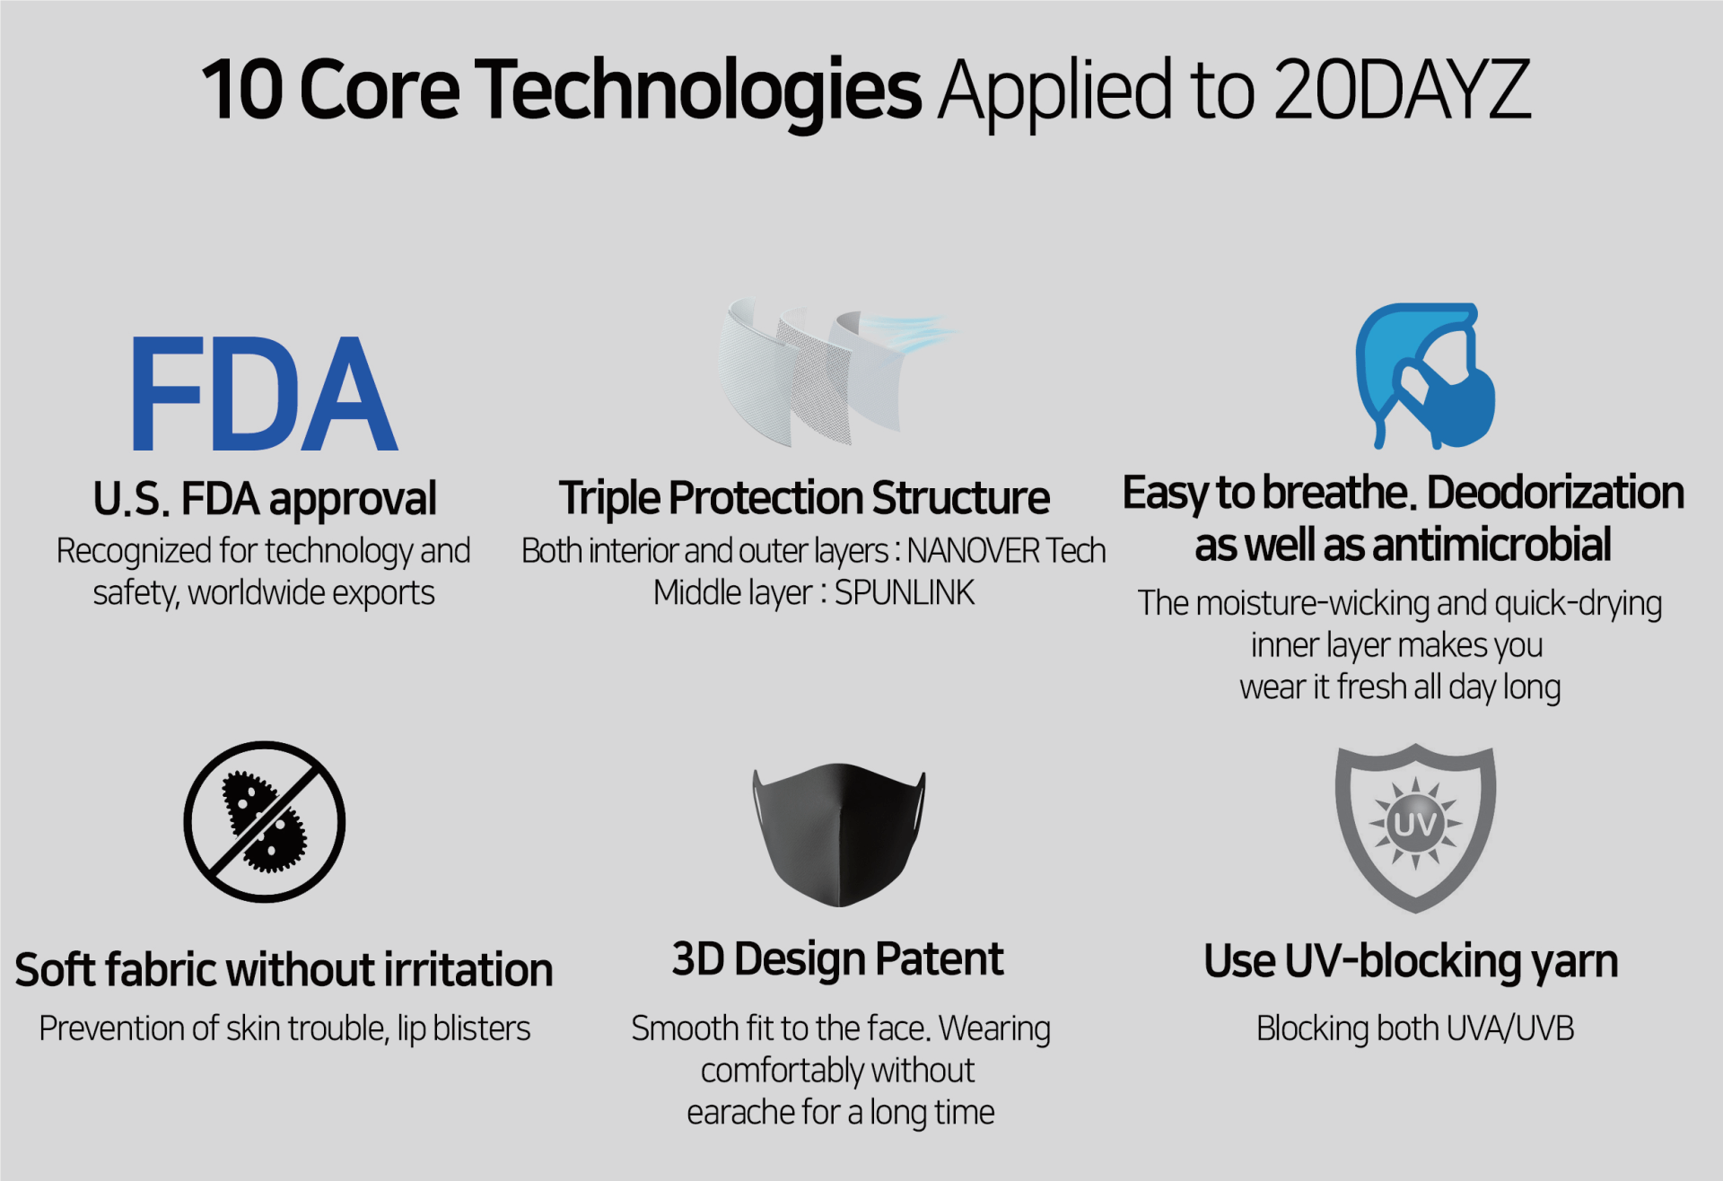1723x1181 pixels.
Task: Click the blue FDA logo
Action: [x=264, y=393]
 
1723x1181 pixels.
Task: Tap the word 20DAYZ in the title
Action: [x=1401, y=89]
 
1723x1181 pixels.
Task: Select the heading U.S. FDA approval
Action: [x=265, y=499]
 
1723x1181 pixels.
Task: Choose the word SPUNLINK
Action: [x=905, y=593]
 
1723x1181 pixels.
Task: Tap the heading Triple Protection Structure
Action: [x=804, y=498]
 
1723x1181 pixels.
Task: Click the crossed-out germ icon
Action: [x=265, y=821]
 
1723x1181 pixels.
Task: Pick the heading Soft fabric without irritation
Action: [x=284, y=970]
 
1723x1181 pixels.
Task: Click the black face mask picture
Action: [x=839, y=835]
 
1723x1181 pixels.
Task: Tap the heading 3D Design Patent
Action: [x=837, y=959]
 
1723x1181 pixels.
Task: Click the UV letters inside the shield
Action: [x=1415, y=824]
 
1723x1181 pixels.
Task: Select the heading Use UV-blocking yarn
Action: [x=1411, y=962]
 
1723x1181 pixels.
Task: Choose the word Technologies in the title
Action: [x=698, y=90]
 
